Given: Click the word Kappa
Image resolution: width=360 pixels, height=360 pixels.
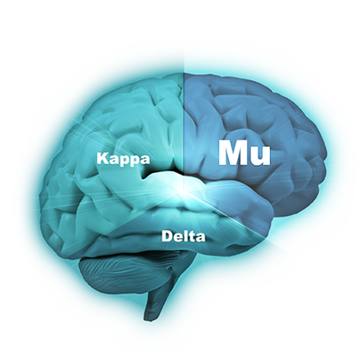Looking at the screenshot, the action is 124,159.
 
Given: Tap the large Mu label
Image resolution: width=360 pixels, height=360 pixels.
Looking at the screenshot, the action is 244,153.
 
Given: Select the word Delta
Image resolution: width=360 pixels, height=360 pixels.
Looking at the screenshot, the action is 183,236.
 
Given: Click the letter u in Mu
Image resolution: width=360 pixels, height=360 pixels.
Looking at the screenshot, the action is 260,156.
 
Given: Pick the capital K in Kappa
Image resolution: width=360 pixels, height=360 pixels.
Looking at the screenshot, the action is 103,158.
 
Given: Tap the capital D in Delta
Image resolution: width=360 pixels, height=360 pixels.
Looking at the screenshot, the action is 168,236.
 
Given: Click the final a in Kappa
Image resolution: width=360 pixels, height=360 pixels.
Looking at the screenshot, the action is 145,159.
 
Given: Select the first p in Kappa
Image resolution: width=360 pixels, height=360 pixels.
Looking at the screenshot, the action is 124,161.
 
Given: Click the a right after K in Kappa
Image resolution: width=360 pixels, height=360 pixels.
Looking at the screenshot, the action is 114,159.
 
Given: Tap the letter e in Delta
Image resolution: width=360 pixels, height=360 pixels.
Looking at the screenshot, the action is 179,237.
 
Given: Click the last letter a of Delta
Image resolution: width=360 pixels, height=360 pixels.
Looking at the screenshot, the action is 201,237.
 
